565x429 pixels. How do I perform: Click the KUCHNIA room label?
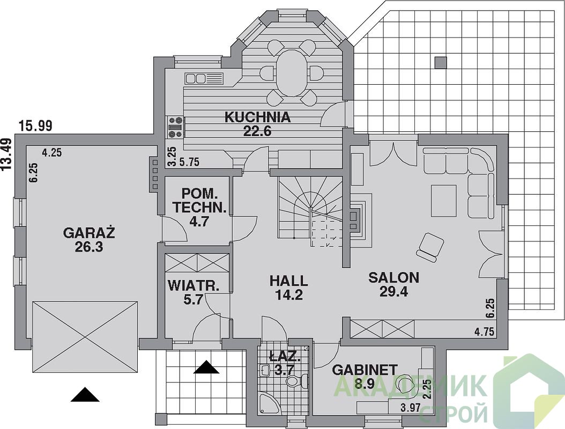click(258, 117)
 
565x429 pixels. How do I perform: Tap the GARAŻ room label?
click(89, 233)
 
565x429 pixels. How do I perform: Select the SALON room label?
click(394, 278)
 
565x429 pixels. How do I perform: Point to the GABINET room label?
click(365, 369)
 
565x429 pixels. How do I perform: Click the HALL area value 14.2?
click(288, 295)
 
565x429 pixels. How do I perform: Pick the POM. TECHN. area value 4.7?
click(199, 221)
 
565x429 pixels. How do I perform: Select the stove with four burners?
click(175, 127)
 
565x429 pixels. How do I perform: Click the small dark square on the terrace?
click(440, 62)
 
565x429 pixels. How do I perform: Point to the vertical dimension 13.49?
click(6, 153)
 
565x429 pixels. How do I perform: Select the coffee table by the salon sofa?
click(444, 201)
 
